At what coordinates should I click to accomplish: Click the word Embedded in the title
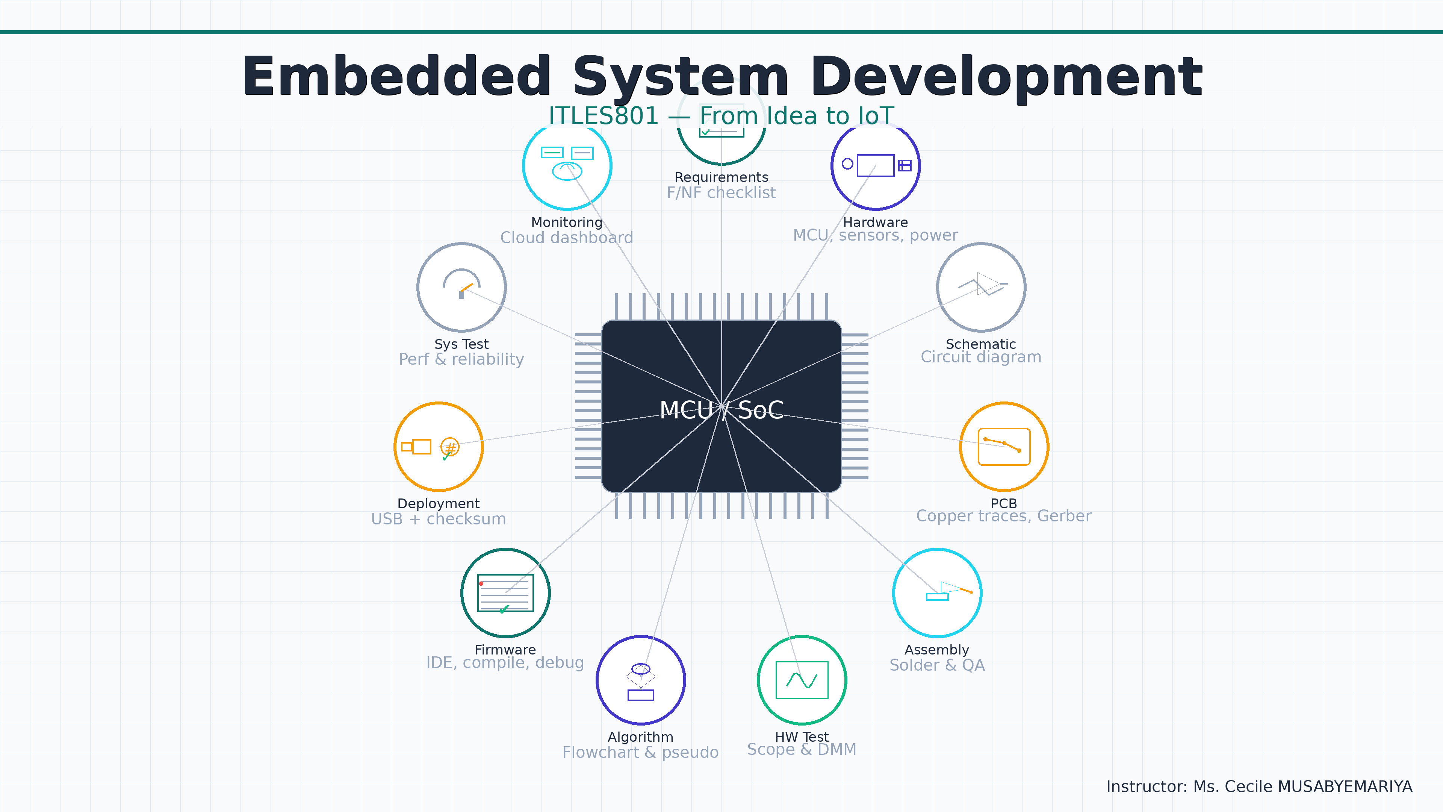click(x=396, y=77)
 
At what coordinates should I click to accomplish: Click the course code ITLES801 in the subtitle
click(x=603, y=116)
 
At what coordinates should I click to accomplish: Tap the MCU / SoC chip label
click(x=721, y=410)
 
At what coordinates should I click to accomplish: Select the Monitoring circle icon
click(x=567, y=166)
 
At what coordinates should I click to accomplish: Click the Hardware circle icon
click(x=876, y=166)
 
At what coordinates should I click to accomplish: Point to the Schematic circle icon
click(x=981, y=288)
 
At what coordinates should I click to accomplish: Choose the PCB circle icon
click(x=1004, y=447)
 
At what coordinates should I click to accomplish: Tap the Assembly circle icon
click(x=937, y=592)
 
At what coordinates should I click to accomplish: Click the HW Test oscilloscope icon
click(x=802, y=680)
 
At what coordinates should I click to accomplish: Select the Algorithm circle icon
click(x=641, y=680)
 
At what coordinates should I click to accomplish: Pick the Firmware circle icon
click(x=505, y=592)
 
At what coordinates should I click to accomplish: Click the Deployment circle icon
click(x=439, y=447)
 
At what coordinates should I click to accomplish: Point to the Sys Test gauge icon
click(x=461, y=288)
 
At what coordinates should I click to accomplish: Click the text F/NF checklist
click(x=721, y=193)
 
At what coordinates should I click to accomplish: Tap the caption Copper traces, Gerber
click(x=1003, y=516)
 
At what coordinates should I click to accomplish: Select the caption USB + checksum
click(x=439, y=519)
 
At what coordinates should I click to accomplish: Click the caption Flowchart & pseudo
click(x=640, y=752)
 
